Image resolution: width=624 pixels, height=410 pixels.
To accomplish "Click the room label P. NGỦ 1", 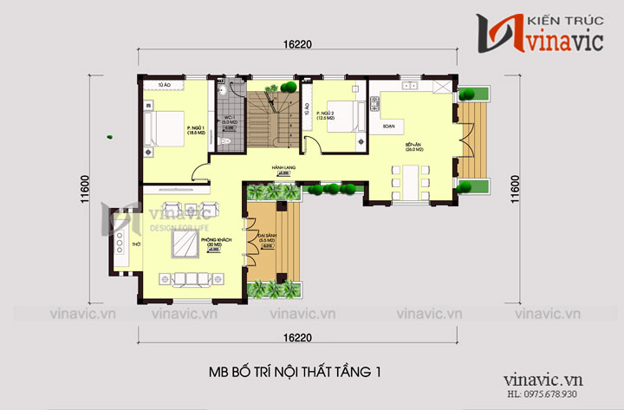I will pyautogui.click(x=194, y=128).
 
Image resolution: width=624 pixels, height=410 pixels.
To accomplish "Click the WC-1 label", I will pyautogui.click(x=230, y=118).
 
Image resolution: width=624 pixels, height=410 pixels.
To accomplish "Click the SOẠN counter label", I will pyautogui.click(x=388, y=126).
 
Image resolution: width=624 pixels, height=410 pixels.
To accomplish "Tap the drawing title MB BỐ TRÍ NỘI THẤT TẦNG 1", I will pyautogui.click(x=295, y=372).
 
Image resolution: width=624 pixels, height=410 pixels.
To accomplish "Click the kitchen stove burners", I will pyautogui.click(x=376, y=104).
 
